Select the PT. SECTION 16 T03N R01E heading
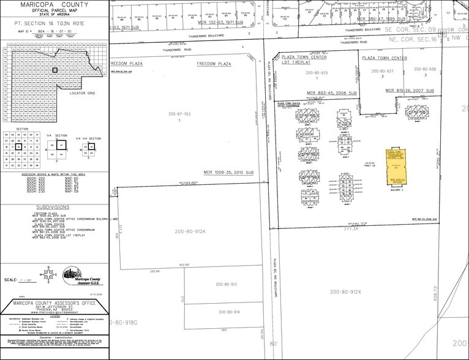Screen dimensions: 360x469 (x=54, y=21)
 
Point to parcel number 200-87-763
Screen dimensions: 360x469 (x=179, y=113)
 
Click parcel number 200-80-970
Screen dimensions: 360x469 (x=317, y=73)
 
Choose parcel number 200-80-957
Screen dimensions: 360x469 (x=382, y=71)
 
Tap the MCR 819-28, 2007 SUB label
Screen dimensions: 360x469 (x=409, y=91)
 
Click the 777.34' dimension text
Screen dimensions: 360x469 (x=369, y=228)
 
